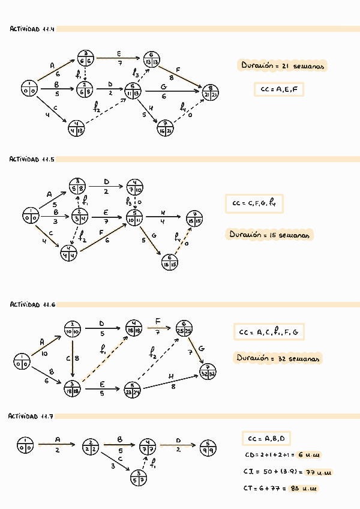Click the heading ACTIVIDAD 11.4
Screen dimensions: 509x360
pyautogui.click(x=32, y=29)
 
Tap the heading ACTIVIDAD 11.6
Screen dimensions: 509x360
pyautogui.click(x=32, y=305)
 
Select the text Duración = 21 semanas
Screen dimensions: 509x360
pyautogui.click(x=282, y=67)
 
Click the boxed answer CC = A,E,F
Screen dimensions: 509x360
pyautogui.click(x=279, y=89)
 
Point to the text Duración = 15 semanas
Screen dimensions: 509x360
pyautogui.click(x=269, y=235)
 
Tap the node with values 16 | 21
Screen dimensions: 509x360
pyautogui.click(x=166, y=128)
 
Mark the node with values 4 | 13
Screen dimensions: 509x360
pyautogui.click(x=76, y=127)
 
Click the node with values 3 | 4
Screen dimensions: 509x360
pyautogui.click(x=80, y=217)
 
